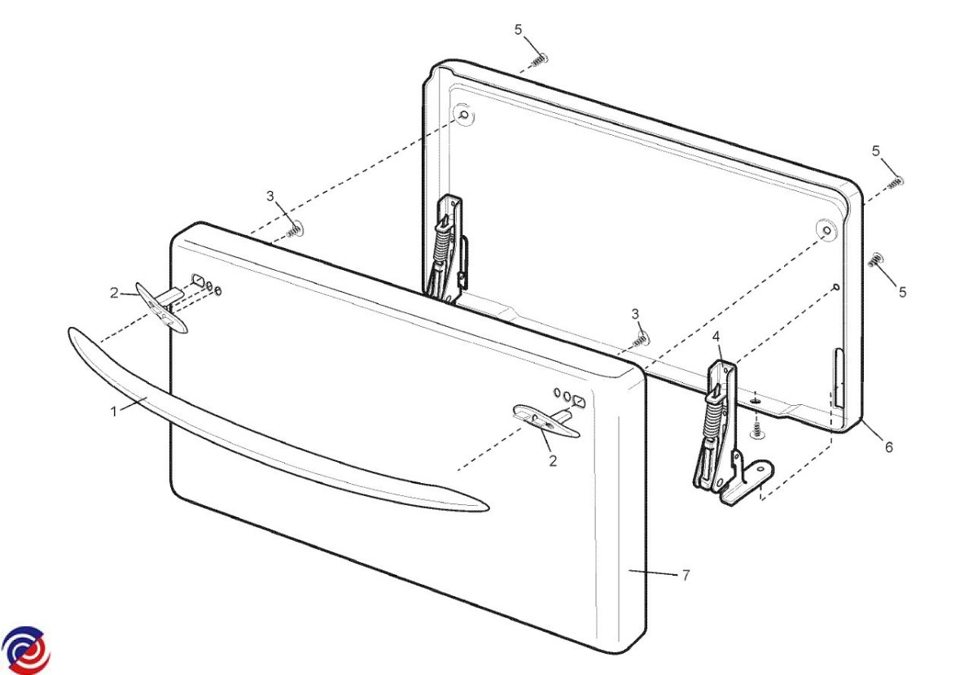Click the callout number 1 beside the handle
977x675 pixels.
point(114,412)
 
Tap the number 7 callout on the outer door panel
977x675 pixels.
point(686,575)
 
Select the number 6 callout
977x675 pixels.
point(888,447)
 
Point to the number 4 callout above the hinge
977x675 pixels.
point(716,337)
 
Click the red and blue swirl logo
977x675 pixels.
point(26,650)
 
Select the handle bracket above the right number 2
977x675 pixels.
point(546,420)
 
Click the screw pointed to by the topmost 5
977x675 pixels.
point(540,59)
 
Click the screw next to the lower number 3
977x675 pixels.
point(639,339)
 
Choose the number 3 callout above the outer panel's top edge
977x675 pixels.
point(270,196)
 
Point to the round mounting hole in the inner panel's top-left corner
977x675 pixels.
point(465,115)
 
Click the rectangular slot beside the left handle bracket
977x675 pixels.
point(197,279)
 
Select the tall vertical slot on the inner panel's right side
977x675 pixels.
point(839,377)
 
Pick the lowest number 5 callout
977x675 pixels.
point(902,291)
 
